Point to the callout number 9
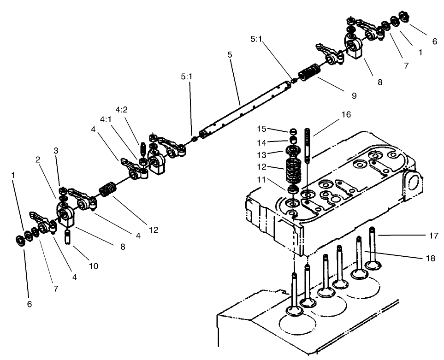(354, 95)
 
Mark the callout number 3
(56, 150)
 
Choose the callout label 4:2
(122, 110)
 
